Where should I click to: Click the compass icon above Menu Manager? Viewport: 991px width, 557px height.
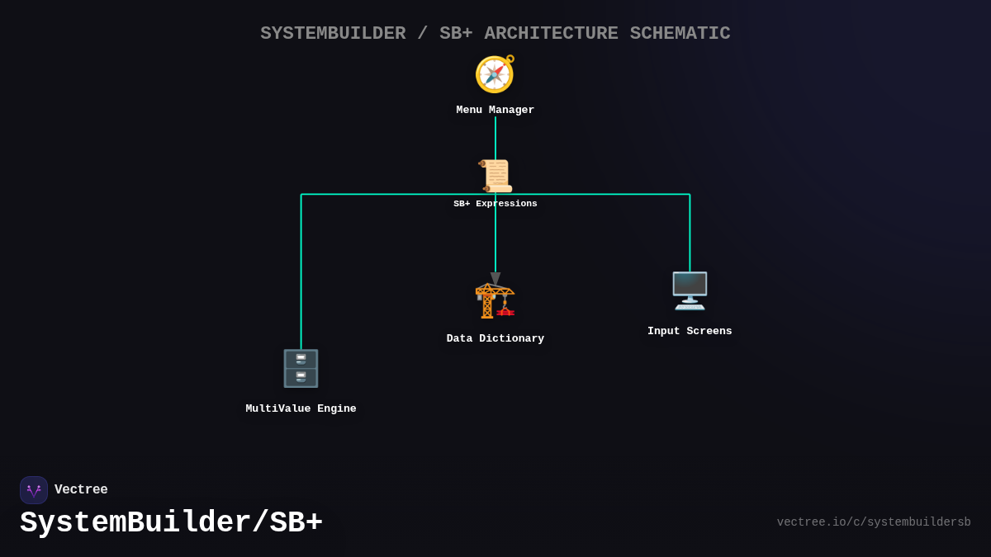495,74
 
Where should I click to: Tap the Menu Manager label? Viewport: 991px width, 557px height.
495,111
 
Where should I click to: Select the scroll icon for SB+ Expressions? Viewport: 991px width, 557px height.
495,176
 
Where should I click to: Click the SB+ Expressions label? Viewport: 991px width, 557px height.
495,204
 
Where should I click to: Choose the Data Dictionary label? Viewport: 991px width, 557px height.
495,339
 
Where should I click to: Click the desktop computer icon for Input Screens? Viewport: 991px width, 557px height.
690,290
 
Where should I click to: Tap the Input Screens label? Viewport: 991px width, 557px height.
690,332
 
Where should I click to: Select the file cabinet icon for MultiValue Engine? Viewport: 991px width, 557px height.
301,368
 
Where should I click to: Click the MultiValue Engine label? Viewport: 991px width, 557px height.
301,409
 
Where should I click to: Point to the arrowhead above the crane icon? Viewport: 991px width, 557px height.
495,279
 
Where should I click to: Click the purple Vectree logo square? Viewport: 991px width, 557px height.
34,490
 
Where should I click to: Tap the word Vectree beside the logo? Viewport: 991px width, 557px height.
81,490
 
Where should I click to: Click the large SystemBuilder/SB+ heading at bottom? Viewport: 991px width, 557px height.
171,523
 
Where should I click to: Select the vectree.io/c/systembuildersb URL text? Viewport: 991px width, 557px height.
873,522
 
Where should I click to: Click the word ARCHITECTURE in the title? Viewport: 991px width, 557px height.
551,34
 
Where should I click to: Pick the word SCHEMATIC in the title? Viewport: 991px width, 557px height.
680,34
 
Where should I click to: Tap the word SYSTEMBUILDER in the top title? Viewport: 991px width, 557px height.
333,34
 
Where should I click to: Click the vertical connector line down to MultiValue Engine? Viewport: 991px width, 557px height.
301,272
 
